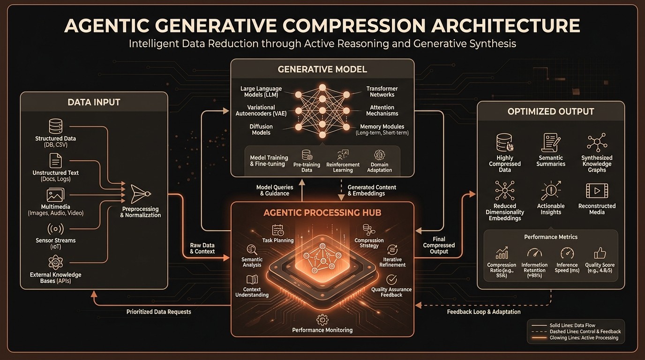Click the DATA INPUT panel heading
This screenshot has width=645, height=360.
(94, 102)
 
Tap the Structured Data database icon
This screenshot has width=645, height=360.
(55, 126)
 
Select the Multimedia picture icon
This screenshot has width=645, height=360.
(55, 195)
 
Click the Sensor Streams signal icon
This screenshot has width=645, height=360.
(55, 229)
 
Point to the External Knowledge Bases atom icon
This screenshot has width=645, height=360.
(55, 262)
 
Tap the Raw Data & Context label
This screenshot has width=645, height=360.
(202, 248)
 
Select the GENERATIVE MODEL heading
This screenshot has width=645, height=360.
(322, 69)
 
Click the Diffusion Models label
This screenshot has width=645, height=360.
(261, 129)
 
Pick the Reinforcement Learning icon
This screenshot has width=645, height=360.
(343, 155)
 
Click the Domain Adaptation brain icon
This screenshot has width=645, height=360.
(379, 155)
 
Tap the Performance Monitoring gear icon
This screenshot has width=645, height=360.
(322, 320)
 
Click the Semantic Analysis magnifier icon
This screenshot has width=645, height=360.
(252, 250)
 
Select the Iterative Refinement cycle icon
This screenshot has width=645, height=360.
(392, 249)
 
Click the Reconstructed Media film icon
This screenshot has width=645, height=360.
(597, 191)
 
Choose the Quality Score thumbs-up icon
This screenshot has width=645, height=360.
(600, 254)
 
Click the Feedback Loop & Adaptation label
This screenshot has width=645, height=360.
(483, 312)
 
